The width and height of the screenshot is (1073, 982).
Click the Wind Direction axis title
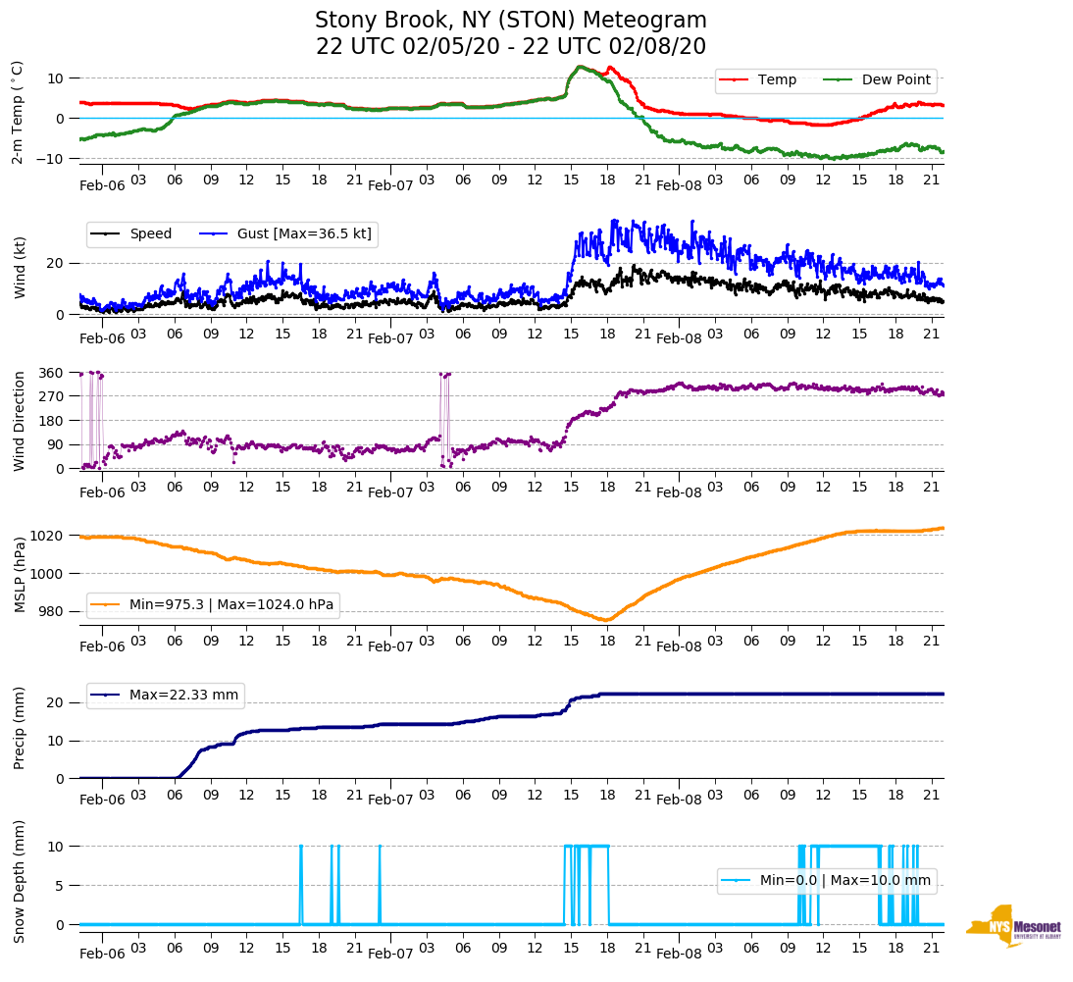[19, 420]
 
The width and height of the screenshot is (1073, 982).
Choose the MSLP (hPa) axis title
[19, 574]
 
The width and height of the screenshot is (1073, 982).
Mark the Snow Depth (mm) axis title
[19, 881]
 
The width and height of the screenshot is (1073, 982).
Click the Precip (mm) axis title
[19, 729]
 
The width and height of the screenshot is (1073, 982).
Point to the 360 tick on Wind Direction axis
[51, 373]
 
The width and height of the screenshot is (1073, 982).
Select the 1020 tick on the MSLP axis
[48, 536]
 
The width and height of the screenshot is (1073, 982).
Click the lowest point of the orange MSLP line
[605, 620]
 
